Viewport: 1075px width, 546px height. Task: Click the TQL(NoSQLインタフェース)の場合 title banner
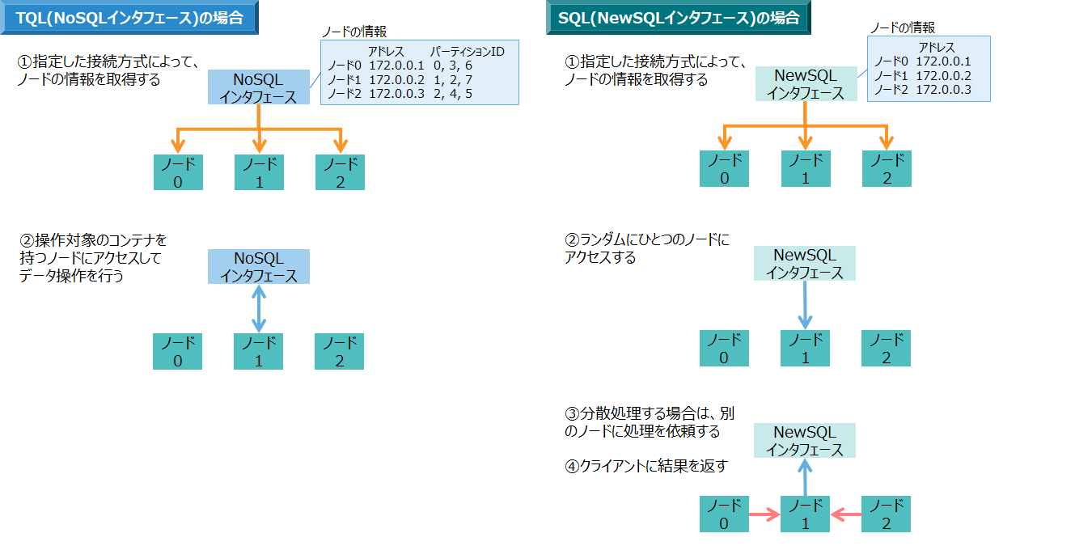[x=129, y=18]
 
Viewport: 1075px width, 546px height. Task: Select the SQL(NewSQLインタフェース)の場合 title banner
[x=678, y=18]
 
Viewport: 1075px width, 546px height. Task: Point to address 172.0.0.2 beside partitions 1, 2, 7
[x=396, y=80]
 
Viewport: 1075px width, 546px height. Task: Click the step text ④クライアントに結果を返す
[x=646, y=466]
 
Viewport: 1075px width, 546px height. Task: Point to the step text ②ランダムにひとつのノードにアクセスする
[x=646, y=249]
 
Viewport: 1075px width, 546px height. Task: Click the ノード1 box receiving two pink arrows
[x=805, y=514]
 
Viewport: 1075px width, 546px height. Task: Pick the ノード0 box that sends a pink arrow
[x=724, y=514]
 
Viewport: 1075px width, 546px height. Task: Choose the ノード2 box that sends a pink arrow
[x=887, y=514]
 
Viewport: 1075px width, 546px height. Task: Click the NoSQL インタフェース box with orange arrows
[x=259, y=87]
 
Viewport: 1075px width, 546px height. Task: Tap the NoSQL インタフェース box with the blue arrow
[x=259, y=267]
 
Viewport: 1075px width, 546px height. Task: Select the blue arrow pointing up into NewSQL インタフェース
[x=805, y=477]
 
